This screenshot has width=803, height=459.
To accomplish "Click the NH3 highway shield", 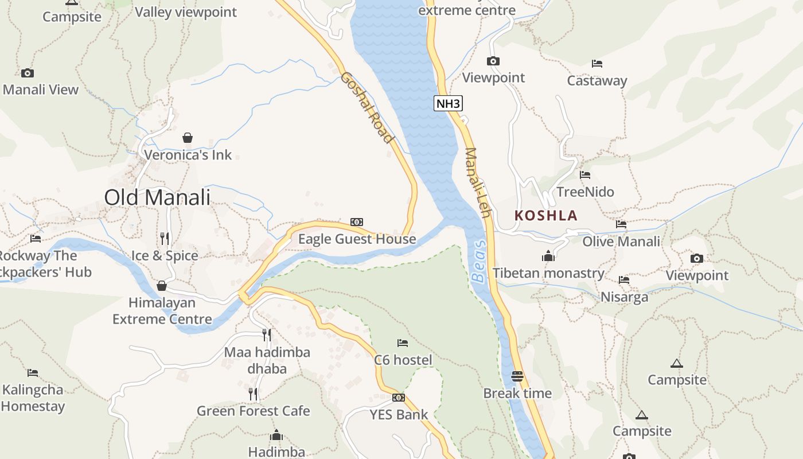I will pyautogui.click(x=448, y=103).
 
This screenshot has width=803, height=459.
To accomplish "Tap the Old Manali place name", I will pyautogui.click(x=157, y=197).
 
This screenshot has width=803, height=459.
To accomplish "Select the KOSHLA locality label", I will pyautogui.click(x=545, y=216).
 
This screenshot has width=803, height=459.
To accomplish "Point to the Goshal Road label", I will pyautogui.click(x=367, y=107).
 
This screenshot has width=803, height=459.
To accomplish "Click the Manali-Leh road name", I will pyautogui.click(x=478, y=183).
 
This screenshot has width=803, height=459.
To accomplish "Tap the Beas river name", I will pyautogui.click(x=479, y=261).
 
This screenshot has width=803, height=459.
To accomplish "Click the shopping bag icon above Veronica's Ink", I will pyautogui.click(x=188, y=138).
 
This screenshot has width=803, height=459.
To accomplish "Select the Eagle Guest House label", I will pyautogui.click(x=357, y=239).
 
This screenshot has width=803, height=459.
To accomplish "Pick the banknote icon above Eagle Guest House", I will pyautogui.click(x=357, y=222).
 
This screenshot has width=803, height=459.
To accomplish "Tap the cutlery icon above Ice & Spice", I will pyautogui.click(x=165, y=238).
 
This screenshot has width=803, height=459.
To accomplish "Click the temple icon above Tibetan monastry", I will pyautogui.click(x=548, y=256).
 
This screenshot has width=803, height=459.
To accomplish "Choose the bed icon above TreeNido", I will pyautogui.click(x=585, y=175).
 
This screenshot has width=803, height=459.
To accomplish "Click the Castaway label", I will pyautogui.click(x=597, y=81).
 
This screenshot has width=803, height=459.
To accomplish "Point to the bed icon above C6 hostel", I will pyautogui.click(x=403, y=343).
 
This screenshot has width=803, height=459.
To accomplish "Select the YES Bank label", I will pyautogui.click(x=399, y=414).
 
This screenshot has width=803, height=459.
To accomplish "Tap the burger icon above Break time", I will pyautogui.click(x=517, y=376).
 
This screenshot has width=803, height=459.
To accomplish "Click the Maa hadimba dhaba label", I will pyautogui.click(x=267, y=360).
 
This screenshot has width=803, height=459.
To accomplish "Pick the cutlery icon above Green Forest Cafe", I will pyautogui.click(x=253, y=394).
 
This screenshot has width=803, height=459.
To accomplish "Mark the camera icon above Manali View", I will pyautogui.click(x=28, y=73).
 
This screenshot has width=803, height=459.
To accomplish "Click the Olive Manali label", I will pyautogui.click(x=621, y=242).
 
